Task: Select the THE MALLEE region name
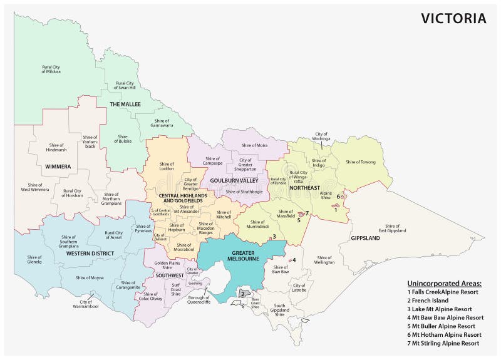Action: point(125,104)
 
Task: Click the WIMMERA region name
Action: point(58,167)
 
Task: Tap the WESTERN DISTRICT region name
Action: point(91,254)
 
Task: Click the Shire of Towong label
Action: point(360,162)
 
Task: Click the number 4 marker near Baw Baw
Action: point(294,260)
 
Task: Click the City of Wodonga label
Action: point(321,137)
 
